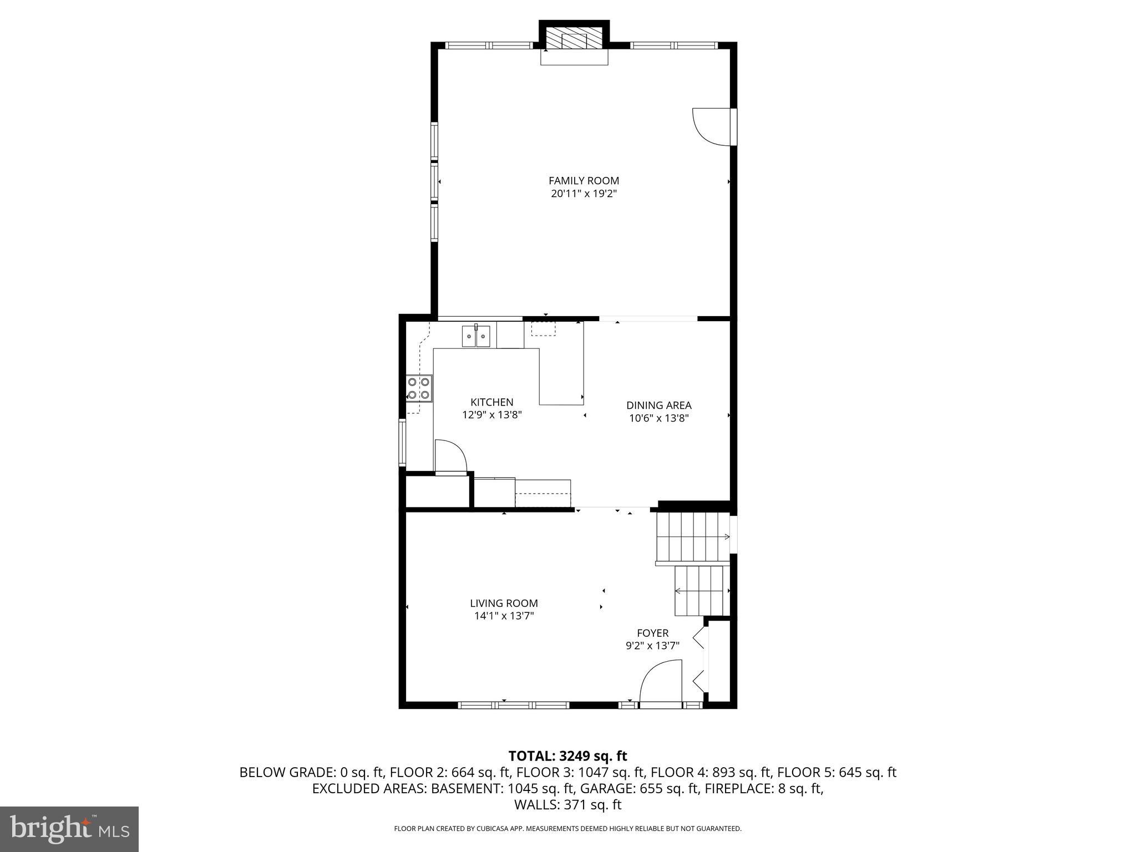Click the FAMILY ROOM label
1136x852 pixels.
coord(584,180)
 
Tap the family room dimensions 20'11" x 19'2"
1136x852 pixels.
coord(584,194)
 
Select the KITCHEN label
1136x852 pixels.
coord(491,402)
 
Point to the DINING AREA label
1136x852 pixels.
coord(658,405)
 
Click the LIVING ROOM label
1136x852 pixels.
coord(504,603)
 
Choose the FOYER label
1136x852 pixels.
coord(652,633)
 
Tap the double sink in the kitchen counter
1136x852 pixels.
coord(476,336)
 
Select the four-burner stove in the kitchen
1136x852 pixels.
coord(419,388)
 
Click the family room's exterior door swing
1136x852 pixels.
coord(712,127)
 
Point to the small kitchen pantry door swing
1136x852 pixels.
coord(450,457)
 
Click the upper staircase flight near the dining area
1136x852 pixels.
coord(692,536)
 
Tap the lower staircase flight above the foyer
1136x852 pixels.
coord(701,591)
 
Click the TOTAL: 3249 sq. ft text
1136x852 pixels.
coord(567,756)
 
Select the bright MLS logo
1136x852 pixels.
coord(69,829)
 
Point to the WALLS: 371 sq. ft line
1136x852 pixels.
coord(567,804)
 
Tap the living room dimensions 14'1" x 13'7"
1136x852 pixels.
coord(504,616)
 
